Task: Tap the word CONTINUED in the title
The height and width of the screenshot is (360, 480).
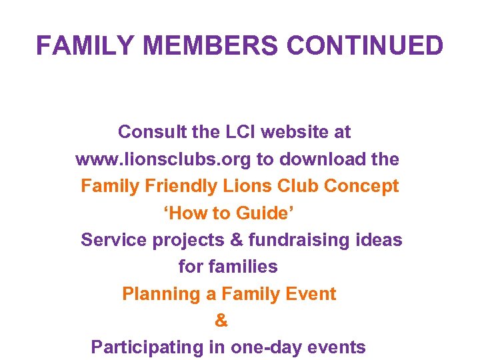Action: point(365,46)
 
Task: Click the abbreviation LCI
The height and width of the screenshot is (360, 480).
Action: point(235,132)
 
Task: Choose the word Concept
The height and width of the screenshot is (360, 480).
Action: point(361,186)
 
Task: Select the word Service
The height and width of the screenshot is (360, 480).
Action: point(114,240)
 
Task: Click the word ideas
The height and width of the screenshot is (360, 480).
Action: point(380,240)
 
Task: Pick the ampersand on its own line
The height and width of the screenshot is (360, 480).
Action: point(221,321)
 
